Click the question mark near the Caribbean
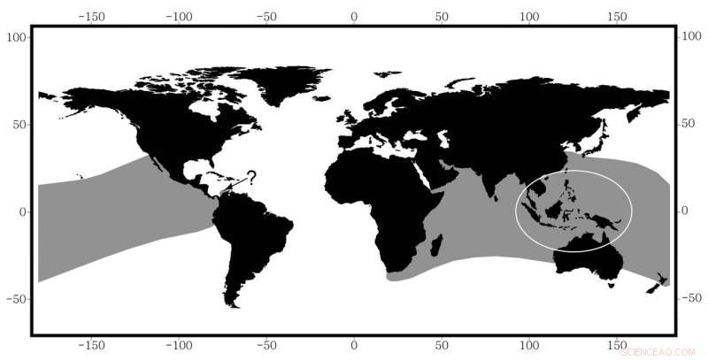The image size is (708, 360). tap(251, 177)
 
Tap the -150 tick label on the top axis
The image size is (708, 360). tap(91, 17)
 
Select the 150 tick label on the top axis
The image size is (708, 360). tap(617, 17)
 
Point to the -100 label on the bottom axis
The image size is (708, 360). tap(178, 345)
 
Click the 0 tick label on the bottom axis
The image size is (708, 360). tap(354, 345)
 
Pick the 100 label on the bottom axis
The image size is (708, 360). tap(529, 345)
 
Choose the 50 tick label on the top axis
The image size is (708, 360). tap(442, 17)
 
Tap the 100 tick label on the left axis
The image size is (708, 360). tap(17, 37)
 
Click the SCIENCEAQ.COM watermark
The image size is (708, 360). tap(659, 350)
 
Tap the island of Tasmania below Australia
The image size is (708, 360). tap(609, 284)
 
